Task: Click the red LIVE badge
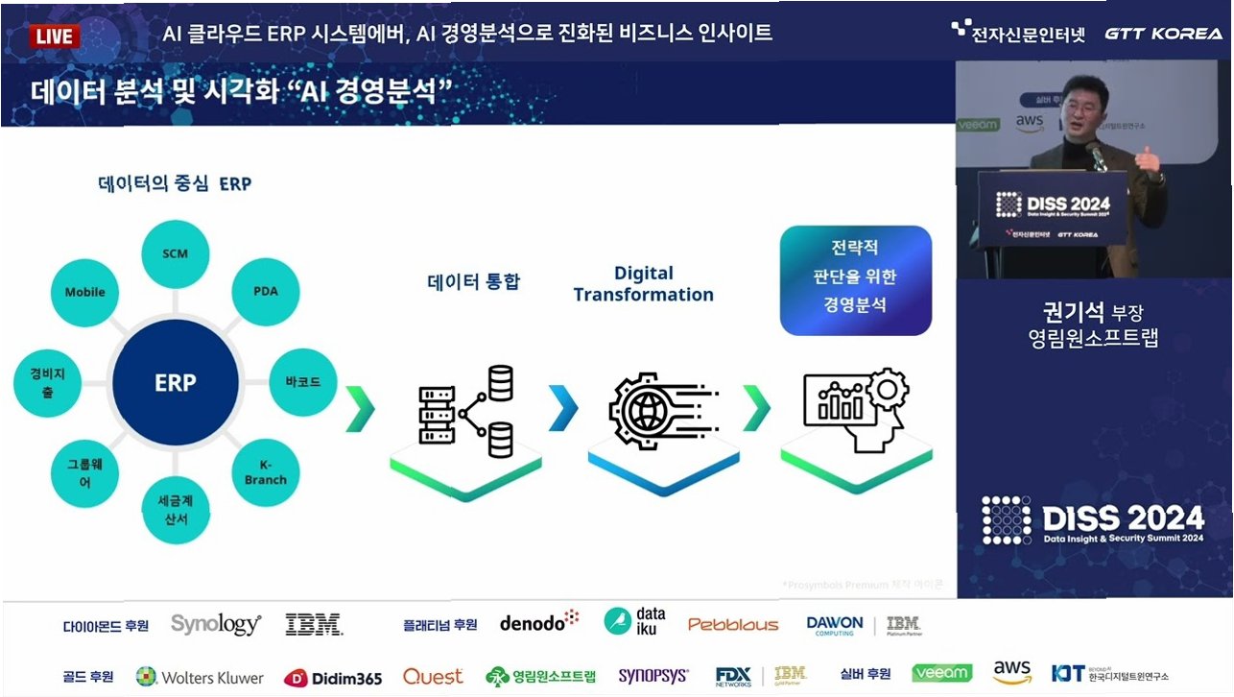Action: (56, 36)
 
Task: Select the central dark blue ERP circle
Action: (175, 383)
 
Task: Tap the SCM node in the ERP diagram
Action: (175, 254)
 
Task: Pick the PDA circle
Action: (265, 289)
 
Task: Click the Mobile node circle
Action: (84, 292)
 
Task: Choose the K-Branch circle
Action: (265, 470)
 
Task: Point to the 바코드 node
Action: (303, 382)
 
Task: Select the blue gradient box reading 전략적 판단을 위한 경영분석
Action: (856, 279)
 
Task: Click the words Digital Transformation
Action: (643, 284)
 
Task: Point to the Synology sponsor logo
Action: (216, 624)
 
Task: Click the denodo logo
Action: (539, 622)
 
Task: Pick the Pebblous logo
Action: (733, 625)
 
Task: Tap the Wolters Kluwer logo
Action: (200, 677)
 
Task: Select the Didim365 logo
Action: (333, 678)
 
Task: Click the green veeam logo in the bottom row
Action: (941, 673)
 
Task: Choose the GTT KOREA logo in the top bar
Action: (1163, 34)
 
